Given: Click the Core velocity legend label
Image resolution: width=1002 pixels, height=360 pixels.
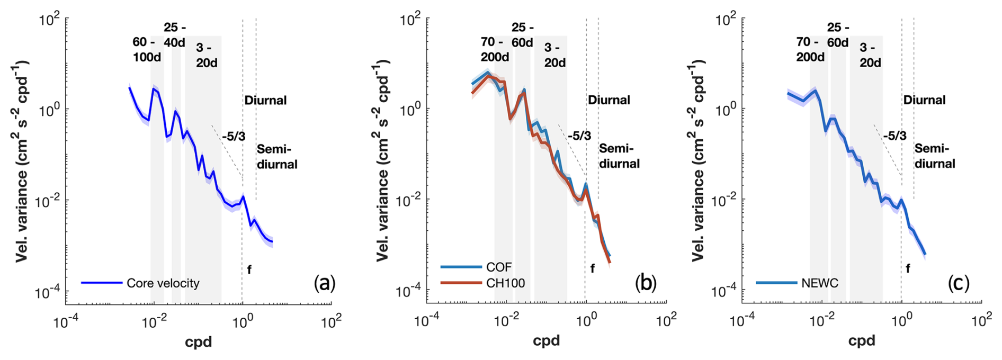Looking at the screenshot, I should coord(163,283).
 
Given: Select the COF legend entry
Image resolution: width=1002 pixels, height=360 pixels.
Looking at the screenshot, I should coord(499,267).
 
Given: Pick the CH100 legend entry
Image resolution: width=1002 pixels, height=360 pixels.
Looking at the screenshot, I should coord(505,283).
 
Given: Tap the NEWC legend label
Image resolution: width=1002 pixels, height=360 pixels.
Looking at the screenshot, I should coord(819,283).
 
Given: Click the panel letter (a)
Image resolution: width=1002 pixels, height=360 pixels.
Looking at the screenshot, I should coord(325,284).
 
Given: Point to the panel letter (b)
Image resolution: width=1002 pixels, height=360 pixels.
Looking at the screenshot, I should coord(646,284).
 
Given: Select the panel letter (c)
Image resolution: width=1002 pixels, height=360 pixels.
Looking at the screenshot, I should coord(959,284).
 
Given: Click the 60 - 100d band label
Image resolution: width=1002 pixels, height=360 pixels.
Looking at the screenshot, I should coord(146,50).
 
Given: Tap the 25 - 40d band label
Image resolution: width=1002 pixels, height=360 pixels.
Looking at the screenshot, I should coord(174,35).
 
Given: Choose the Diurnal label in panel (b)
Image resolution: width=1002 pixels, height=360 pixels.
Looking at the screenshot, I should coord(609,100).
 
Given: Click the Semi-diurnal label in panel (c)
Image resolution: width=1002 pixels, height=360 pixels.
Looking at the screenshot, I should coord(935,156).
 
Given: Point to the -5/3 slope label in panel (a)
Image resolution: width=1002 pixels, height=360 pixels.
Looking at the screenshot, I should coord(234,136).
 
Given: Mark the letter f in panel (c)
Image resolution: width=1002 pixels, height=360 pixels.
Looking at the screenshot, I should coord(908,269).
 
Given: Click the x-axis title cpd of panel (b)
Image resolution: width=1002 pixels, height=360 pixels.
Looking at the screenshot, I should coord(546,341).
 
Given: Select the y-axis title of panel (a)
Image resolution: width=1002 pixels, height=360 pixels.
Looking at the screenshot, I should coord(22,161).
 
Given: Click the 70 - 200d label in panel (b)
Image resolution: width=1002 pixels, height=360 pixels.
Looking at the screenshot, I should coord(495,49).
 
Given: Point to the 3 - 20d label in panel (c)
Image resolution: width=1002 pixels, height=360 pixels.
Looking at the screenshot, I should coord(870,55).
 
